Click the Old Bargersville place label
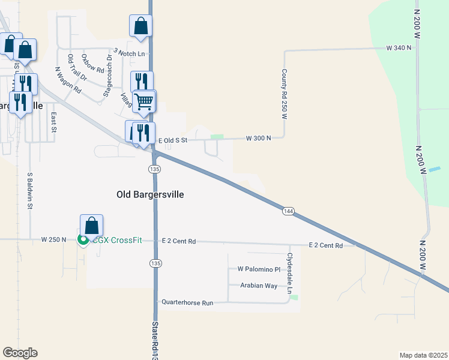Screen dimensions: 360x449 coord(149,194)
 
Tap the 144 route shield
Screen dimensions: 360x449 coord(288,211)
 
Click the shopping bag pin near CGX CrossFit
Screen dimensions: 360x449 coord(91,226)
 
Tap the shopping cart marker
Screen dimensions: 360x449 coord(144,101)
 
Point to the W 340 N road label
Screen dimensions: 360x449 coord(399,47)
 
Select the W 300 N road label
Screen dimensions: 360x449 coord(258,138)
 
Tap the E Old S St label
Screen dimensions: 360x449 coord(173,140)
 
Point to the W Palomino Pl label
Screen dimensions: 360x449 coord(259,269)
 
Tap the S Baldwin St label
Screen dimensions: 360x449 coord(29,191)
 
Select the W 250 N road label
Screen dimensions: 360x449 coord(53,239)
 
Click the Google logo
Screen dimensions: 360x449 coord(20,353)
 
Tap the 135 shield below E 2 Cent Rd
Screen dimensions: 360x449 coord(155,263)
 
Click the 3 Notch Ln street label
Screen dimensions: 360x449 coord(129,53)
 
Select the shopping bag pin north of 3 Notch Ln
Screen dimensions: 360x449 coord(140,26)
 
